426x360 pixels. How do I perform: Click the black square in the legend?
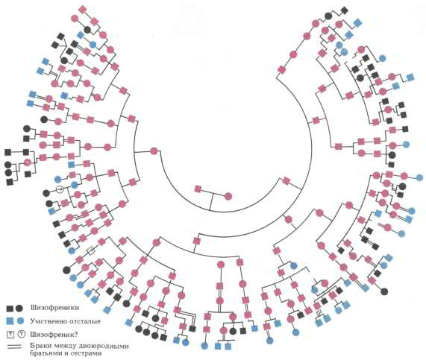10,309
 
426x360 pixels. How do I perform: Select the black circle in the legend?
19,308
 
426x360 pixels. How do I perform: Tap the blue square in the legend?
10,321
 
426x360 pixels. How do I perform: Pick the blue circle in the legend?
20,321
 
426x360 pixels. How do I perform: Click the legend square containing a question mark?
10,335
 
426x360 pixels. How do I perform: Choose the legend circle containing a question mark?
21,335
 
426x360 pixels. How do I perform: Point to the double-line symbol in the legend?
16,347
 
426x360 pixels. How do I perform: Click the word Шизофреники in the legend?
54,308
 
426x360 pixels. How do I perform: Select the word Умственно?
46,321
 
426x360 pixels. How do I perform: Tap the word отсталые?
83,321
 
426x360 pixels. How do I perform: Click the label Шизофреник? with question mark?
54,335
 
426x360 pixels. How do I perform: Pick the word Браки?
40,346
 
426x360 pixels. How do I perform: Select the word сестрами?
87,353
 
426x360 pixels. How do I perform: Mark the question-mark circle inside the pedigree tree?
60,189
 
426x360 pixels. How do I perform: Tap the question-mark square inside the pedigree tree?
91,250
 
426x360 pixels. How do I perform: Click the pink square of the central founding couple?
198,189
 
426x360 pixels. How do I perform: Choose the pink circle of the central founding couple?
228,196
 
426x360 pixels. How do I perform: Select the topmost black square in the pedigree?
345,10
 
